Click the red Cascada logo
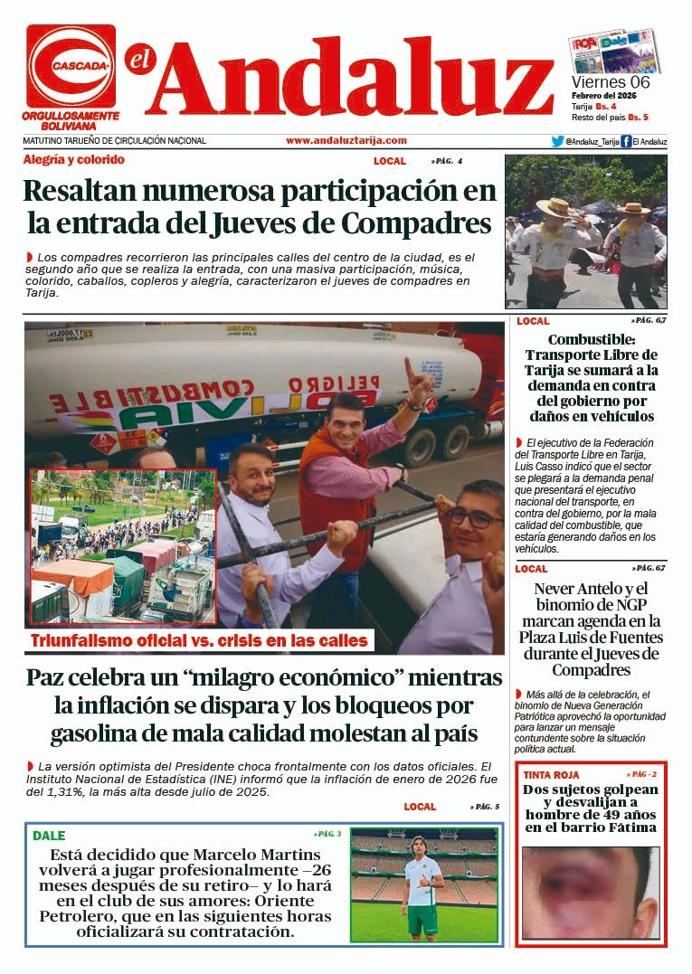71,66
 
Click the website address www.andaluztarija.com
346,141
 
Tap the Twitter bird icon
558,141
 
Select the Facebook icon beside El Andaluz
626,141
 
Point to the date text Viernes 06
611,82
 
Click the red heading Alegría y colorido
74,160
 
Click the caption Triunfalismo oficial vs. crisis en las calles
199,641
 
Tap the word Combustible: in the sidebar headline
591,339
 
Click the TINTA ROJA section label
550,775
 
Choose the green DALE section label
50,836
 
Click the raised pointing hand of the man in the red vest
416,378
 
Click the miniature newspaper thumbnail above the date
613,52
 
